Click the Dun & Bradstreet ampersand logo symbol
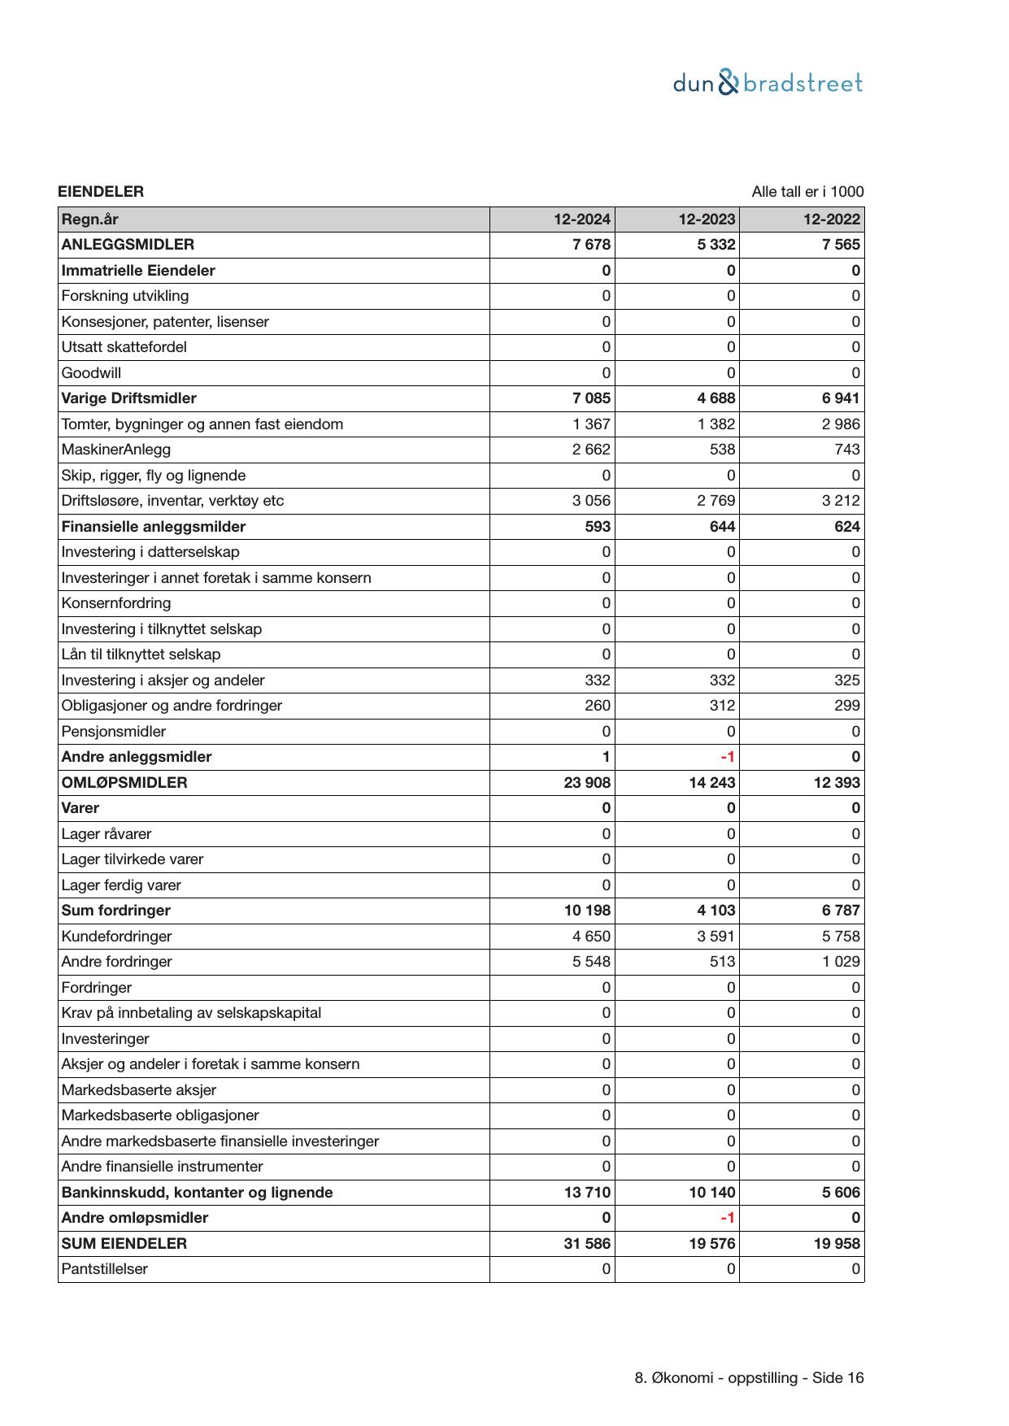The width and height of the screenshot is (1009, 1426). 729,83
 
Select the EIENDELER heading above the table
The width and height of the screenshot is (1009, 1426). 101,192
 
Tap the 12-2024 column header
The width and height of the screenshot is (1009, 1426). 581,220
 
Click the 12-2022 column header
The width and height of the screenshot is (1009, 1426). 831,220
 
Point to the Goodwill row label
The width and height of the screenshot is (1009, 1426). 91,373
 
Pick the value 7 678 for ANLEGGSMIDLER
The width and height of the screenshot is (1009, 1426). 591,245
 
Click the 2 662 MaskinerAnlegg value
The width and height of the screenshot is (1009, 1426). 591,450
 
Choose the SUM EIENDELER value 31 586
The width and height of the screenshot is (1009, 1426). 587,1244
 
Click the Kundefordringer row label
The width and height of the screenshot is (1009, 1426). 116,937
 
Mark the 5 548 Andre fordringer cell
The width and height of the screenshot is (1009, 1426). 591,962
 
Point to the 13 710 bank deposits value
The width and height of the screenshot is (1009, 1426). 587,1193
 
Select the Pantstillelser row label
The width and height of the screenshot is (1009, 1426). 104,1269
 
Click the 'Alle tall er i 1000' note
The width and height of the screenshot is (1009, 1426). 807,192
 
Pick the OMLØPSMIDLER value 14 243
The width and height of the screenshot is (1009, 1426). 711,783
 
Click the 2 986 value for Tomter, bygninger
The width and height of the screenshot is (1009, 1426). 841,424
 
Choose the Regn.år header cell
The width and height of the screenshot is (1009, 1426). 89,220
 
